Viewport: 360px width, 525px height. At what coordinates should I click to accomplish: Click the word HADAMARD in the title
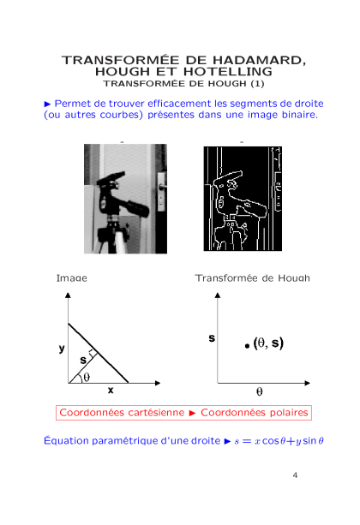(x=259, y=60)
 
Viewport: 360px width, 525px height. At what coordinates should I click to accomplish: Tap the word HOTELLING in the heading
(x=228, y=71)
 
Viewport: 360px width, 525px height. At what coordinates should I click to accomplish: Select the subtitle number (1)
(x=257, y=83)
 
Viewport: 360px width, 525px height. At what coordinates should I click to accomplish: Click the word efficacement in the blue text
(x=179, y=104)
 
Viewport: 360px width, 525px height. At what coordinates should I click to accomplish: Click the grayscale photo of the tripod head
(x=125, y=199)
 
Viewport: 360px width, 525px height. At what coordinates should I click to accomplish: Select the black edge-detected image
(x=243, y=199)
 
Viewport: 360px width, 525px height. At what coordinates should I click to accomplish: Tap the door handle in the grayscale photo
(x=161, y=188)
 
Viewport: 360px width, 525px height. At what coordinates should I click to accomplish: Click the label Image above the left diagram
(x=71, y=277)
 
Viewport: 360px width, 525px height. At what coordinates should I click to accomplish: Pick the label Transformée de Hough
(x=252, y=277)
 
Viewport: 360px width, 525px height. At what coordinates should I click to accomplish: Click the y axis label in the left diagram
(x=62, y=349)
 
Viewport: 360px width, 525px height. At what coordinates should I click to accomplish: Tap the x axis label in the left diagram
(x=111, y=390)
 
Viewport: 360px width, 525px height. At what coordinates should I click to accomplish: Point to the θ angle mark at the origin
(x=87, y=378)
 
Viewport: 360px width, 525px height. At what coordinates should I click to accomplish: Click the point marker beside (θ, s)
(x=247, y=346)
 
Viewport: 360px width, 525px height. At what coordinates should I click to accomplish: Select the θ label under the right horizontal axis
(x=260, y=391)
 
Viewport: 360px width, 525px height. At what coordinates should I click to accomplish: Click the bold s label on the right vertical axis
(x=212, y=337)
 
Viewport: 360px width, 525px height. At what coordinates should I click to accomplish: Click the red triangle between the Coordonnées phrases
(x=192, y=413)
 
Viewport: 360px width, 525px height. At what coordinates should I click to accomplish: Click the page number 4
(x=295, y=475)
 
